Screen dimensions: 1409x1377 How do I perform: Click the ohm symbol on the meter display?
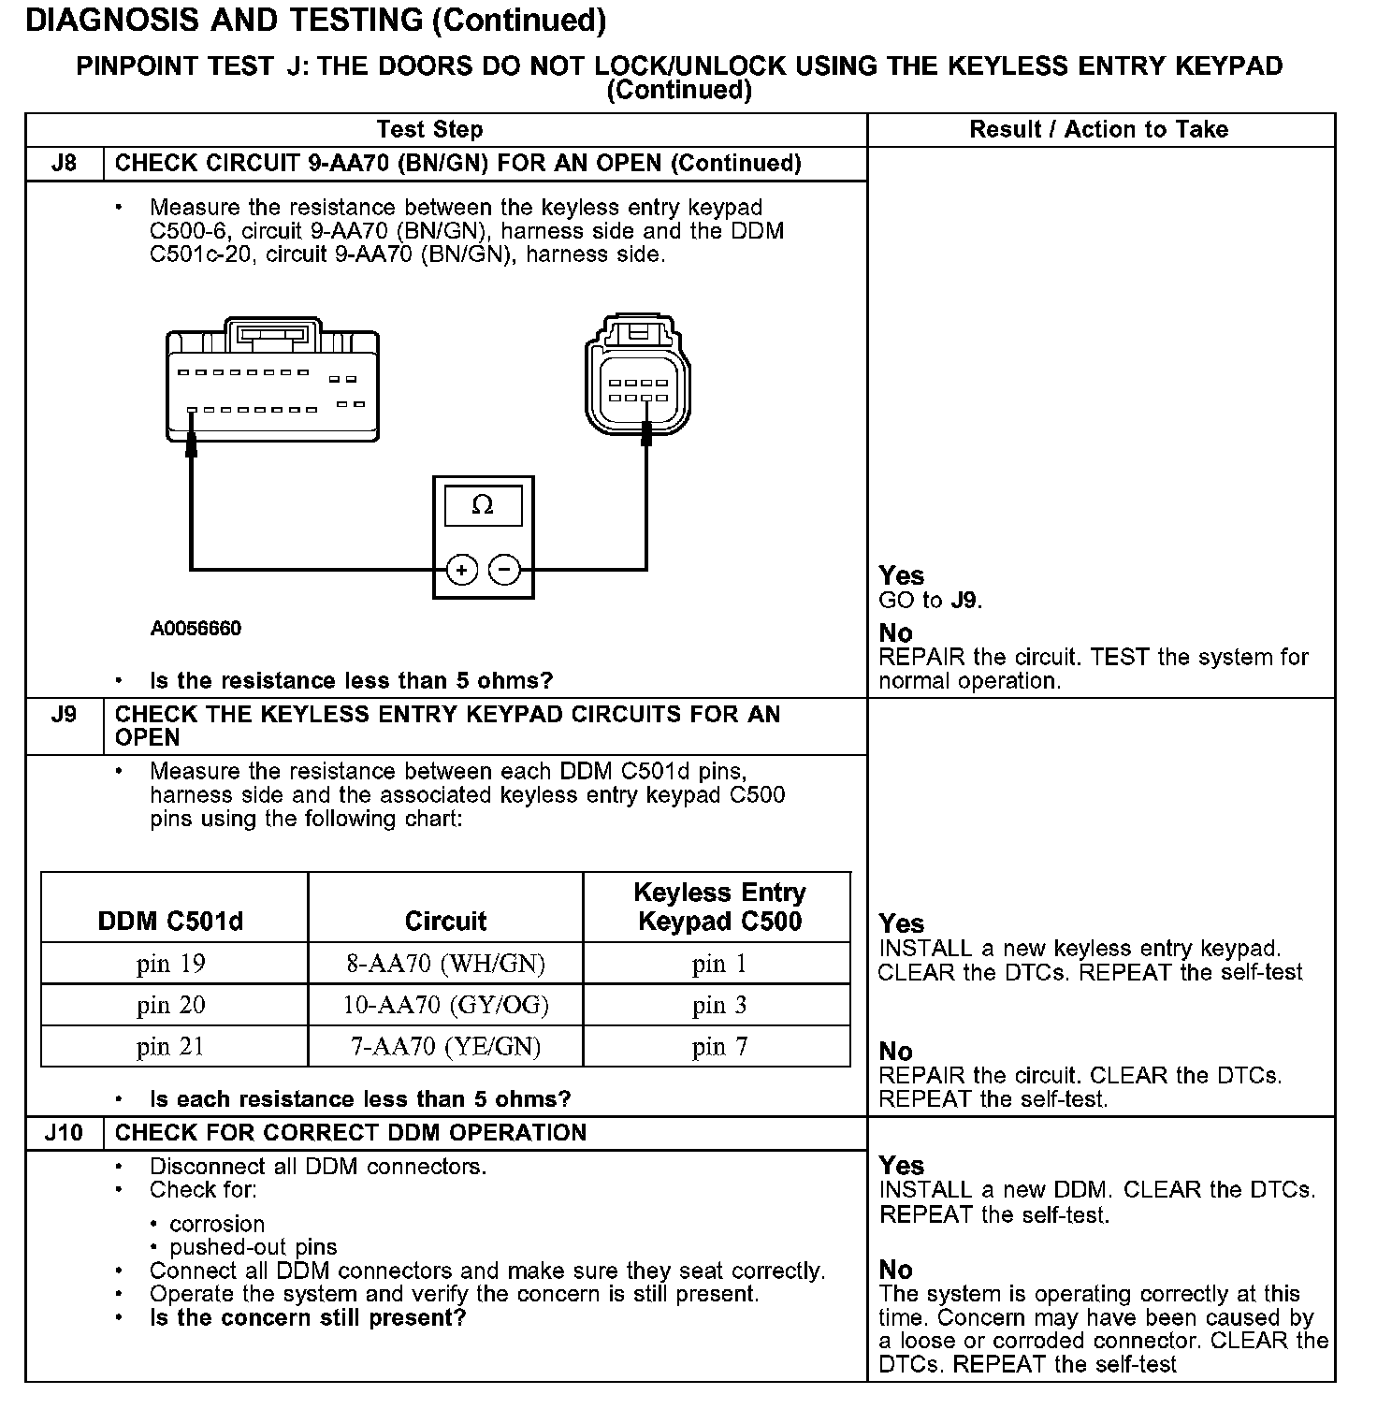(x=483, y=505)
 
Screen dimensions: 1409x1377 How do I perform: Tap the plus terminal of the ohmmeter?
(x=461, y=569)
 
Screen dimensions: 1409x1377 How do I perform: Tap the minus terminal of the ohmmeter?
(x=505, y=569)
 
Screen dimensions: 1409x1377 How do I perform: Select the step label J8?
(x=65, y=164)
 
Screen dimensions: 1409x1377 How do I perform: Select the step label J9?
(x=65, y=715)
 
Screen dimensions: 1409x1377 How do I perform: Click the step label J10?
(x=65, y=1133)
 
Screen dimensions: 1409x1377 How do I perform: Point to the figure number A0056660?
(x=196, y=629)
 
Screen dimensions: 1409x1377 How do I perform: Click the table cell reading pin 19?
(x=171, y=964)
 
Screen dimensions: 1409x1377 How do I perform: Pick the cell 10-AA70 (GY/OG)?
(x=445, y=1005)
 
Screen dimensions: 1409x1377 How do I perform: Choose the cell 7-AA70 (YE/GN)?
(x=445, y=1046)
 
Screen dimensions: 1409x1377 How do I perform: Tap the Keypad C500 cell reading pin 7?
(x=719, y=1046)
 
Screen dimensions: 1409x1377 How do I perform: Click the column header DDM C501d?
(x=170, y=922)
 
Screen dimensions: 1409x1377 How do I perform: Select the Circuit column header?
(x=445, y=922)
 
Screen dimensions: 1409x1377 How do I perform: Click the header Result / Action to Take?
(x=1099, y=130)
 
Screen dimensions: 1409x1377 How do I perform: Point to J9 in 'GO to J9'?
(x=964, y=601)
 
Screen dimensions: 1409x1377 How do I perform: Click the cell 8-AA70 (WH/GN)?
(x=445, y=964)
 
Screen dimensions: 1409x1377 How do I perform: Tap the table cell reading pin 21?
(x=171, y=1046)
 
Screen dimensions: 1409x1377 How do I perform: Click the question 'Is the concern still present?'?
(x=308, y=1318)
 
